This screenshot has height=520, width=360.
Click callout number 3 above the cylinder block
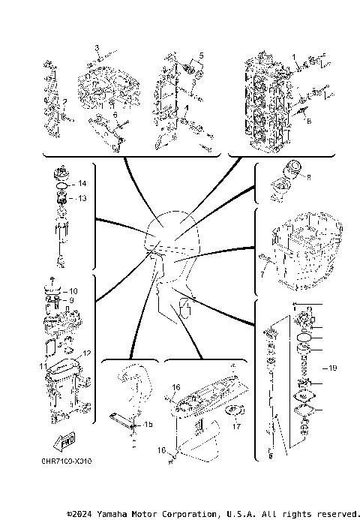(x=97, y=47)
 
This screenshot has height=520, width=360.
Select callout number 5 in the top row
(x=200, y=56)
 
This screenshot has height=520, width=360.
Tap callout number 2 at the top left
(x=65, y=102)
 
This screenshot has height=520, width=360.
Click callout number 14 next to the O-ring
(x=82, y=184)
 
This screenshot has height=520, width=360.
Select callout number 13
(x=82, y=198)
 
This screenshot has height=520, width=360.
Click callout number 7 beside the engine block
(x=262, y=275)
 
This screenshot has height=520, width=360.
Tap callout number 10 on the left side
(x=73, y=290)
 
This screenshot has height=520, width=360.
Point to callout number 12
(x=87, y=353)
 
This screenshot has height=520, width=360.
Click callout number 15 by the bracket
(x=148, y=424)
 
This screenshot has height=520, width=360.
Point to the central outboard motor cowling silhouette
(x=172, y=240)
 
